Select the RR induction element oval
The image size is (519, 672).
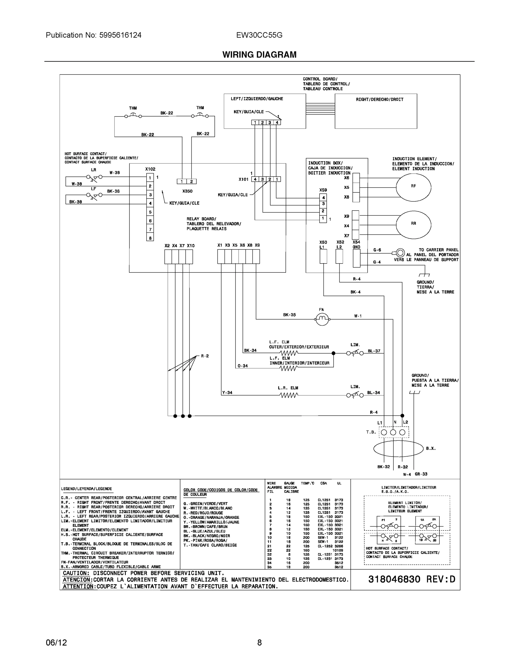click(x=413, y=224)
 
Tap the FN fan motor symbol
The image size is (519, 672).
click(x=322, y=320)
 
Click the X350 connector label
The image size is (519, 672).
click(x=187, y=191)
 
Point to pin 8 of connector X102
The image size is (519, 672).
click(x=150, y=238)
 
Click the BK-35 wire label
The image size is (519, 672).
click(x=289, y=315)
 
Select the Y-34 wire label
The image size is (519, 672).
click(x=227, y=392)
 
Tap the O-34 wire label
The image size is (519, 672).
click(x=243, y=366)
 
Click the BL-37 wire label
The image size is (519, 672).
click(x=374, y=351)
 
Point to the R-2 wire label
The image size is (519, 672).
click(x=205, y=356)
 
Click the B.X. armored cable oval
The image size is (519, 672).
click(x=398, y=449)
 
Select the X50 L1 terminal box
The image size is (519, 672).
click(x=323, y=256)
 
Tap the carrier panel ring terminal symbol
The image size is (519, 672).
click(x=400, y=253)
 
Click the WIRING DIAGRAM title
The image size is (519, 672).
click(x=259, y=55)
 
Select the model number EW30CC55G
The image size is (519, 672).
click(x=259, y=35)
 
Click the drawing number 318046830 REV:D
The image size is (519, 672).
click(x=411, y=579)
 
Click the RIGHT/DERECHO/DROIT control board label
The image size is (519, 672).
click(x=379, y=99)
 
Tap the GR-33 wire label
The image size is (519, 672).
click(x=421, y=474)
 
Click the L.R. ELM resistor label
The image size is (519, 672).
click(x=288, y=388)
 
